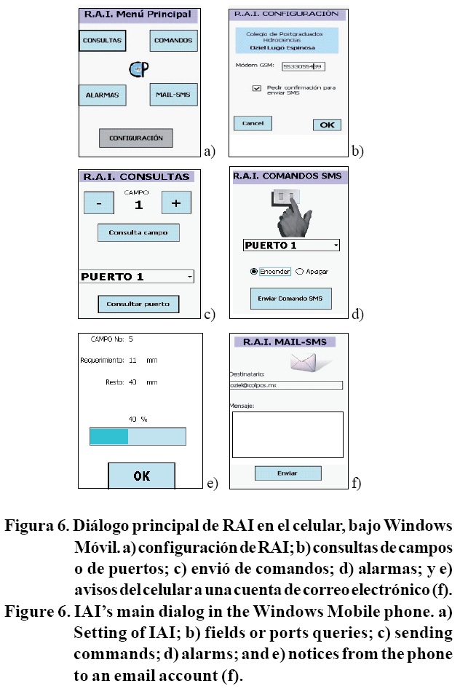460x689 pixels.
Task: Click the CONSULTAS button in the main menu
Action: [102, 41]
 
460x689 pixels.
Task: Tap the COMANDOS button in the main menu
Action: [173, 41]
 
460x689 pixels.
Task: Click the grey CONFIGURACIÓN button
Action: [136, 138]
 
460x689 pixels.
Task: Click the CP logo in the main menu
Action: [138, 68]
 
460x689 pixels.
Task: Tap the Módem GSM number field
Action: [303, 66]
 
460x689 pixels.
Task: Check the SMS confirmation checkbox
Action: [257, 87]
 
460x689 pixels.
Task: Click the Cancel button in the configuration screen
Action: [253, 124]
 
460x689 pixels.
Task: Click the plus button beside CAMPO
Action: [175, 204]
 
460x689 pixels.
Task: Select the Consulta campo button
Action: [138, 233]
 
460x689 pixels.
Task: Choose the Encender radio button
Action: [254, 271]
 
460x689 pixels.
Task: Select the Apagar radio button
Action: [300, 271]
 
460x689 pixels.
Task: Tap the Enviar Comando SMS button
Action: [290, 299]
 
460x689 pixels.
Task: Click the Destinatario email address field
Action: [285, 385]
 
